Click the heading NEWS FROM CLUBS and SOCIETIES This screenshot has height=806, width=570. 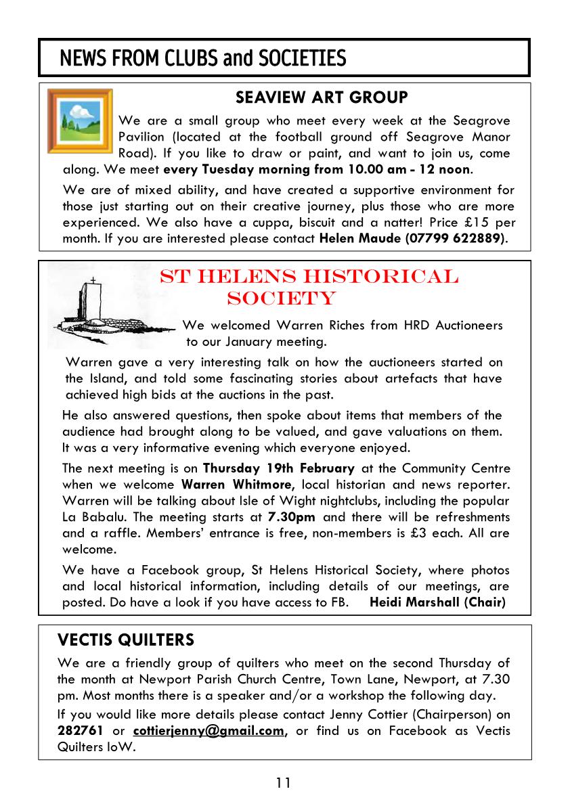tap(202, 58)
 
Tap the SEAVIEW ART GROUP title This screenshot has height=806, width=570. tap(322, 98)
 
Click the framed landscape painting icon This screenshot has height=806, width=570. tap(80, 121)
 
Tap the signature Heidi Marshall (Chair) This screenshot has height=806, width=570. tap(437, 602)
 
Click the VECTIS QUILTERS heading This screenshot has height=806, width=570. tap(126, 640)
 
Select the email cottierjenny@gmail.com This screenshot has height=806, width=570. tap(209, 730)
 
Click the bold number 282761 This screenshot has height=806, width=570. tap(81, 730)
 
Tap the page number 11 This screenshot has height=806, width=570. tap(283, 783)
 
